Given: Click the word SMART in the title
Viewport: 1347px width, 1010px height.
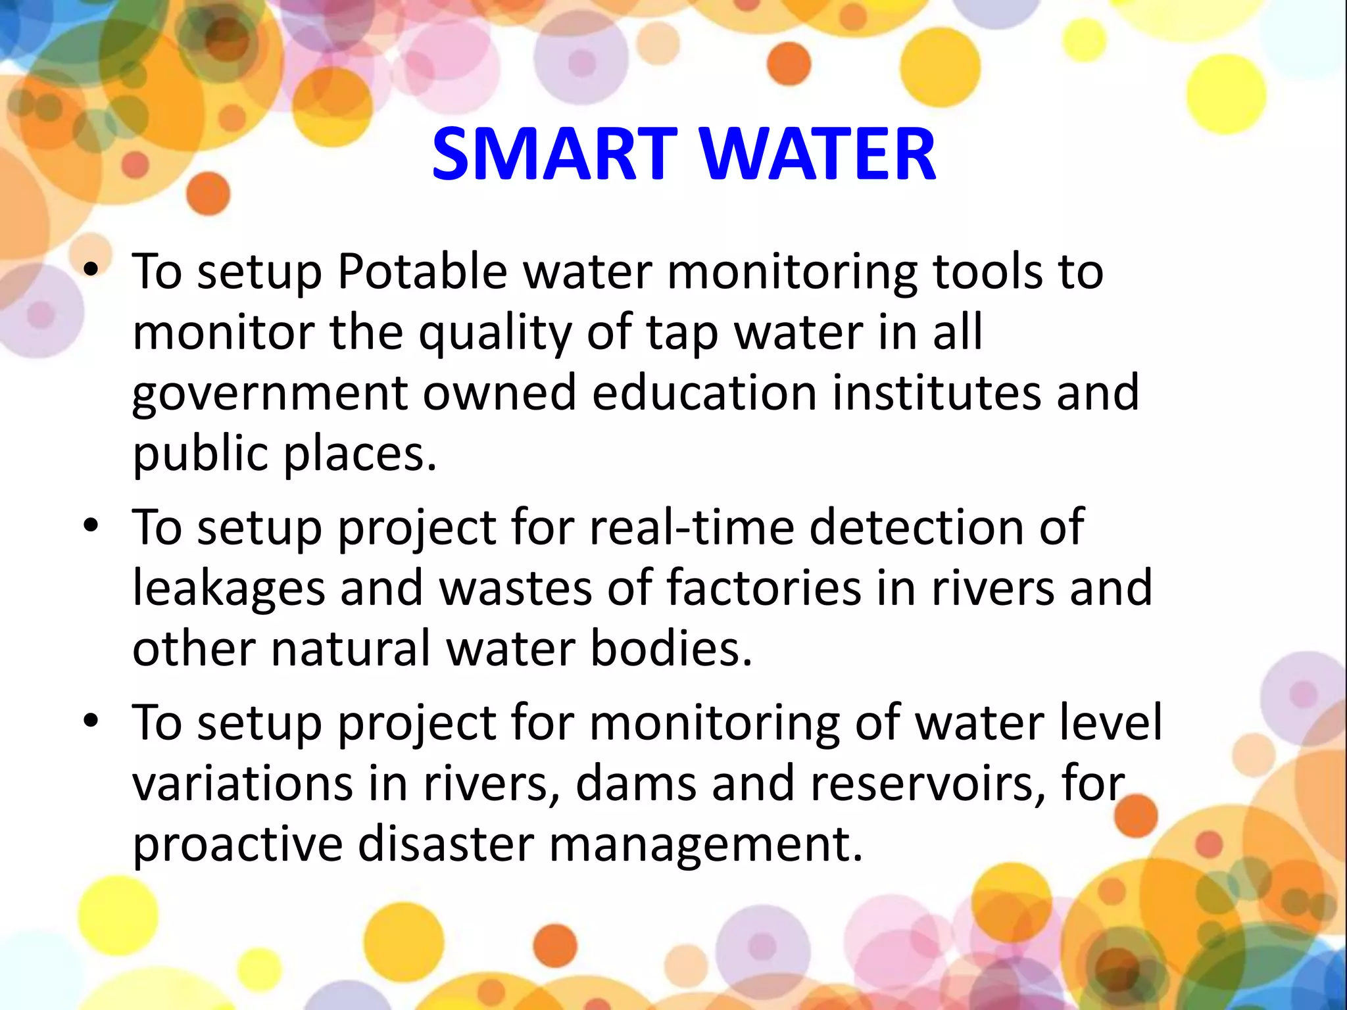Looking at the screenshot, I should pyautogui.click(x=554, y=155).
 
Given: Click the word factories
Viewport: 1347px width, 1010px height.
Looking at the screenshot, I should pyautogui.click(x=764, y=587).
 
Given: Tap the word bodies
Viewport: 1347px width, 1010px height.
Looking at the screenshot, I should pyautogui.click(x=671, y=648).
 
